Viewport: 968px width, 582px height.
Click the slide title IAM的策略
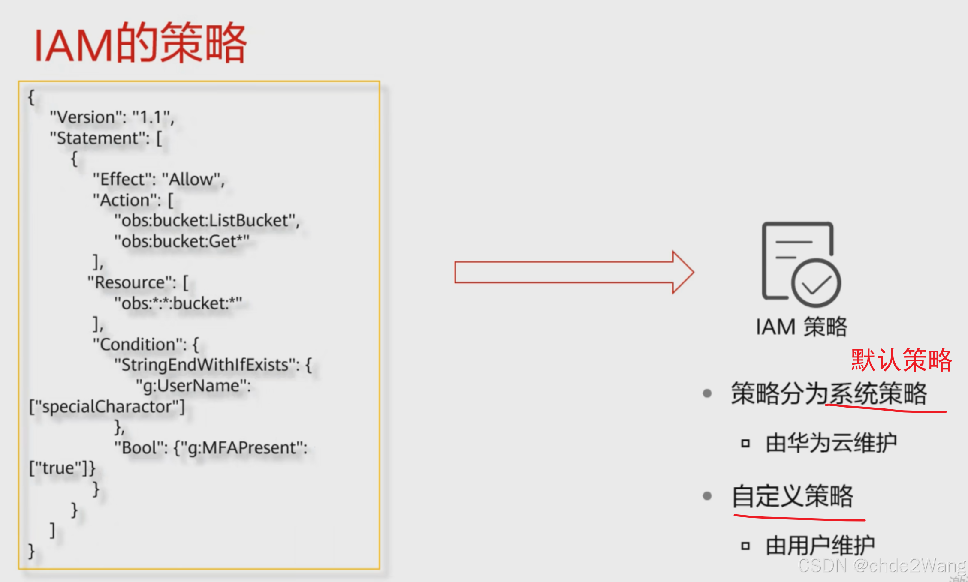click(x=140, y=43)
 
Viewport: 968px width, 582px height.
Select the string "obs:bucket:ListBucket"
click(x=205, y=220)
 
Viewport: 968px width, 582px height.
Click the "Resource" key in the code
click(x=132, y=282)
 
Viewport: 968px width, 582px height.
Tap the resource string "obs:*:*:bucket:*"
click(x=178, y=303)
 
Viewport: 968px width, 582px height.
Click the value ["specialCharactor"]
click(x=107, y=406)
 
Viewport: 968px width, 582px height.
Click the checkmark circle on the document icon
click(x=816, y=283)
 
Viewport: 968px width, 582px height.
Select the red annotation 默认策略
click(x=901, y=360)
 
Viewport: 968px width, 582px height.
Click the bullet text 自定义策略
click(x=793, y=496)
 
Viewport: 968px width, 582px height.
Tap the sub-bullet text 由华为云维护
click(x=831, y=443)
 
